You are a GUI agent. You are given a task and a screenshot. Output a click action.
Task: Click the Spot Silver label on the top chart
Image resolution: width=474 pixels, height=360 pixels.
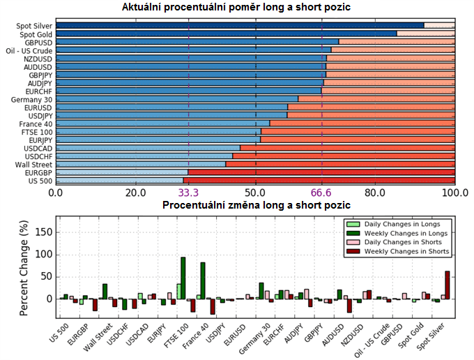point(34,26)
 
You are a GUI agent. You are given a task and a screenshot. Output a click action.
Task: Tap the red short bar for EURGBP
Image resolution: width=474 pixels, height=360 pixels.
point(321,172)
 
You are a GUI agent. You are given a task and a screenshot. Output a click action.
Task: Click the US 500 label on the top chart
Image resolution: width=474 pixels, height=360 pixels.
point(39,180)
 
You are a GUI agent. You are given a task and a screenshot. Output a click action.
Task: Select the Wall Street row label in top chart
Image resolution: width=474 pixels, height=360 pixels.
point(34,164)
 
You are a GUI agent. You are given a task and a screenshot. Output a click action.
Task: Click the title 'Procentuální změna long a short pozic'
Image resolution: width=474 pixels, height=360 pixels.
point(256,205)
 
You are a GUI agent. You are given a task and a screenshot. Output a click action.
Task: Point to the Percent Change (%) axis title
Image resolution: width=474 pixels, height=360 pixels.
point(25,268)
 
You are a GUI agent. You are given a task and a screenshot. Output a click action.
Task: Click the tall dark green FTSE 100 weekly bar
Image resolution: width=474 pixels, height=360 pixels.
point(183,278)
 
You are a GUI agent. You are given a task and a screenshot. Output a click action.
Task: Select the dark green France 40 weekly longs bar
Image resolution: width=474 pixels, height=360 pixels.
point(203,280)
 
